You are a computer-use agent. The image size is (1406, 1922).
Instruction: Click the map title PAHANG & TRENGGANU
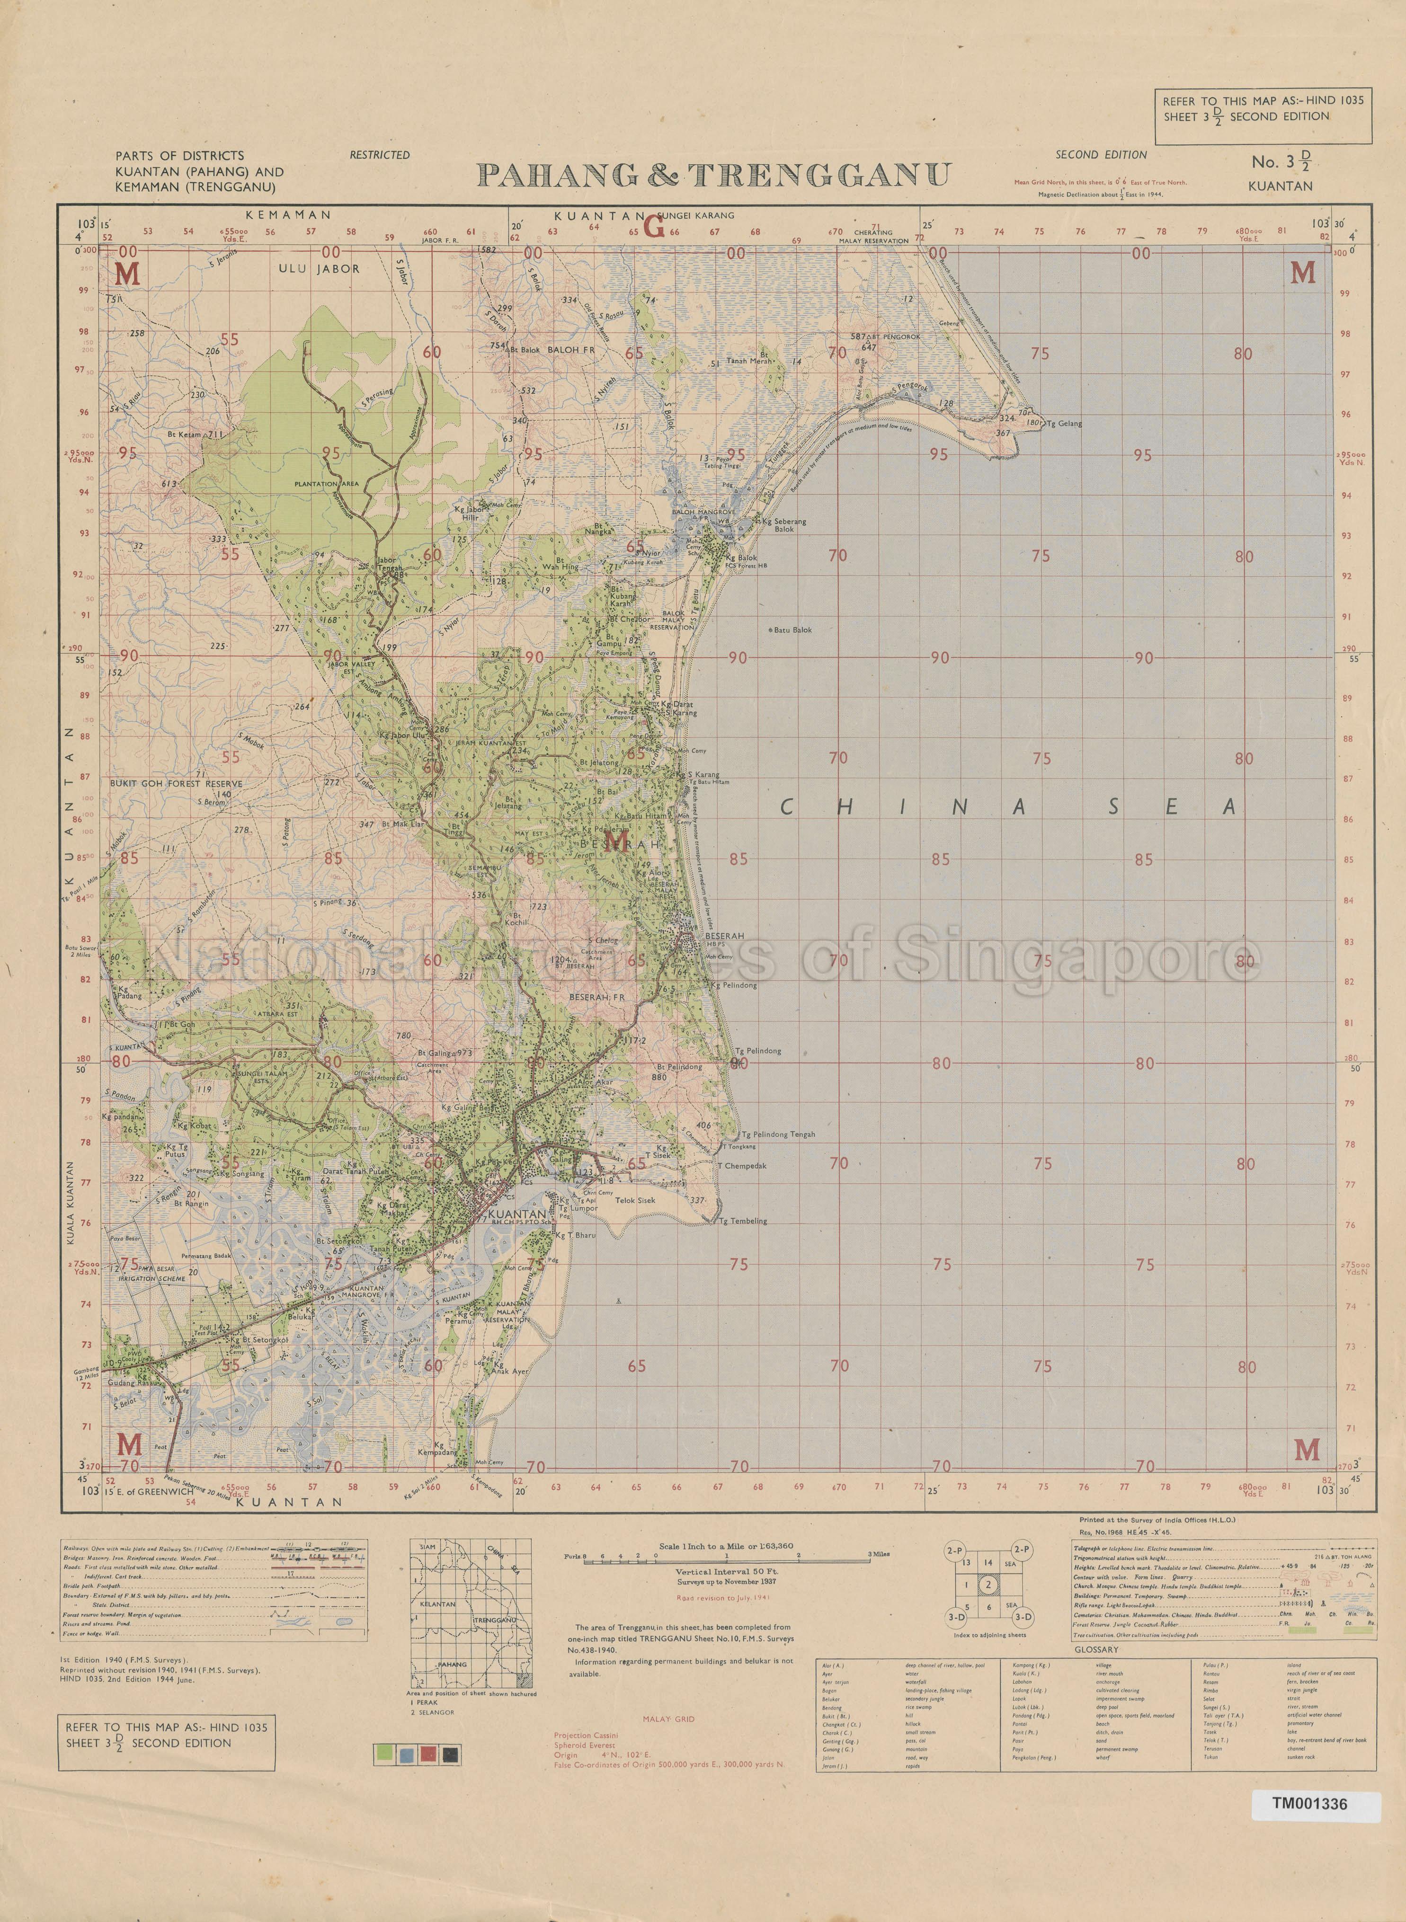[x=713, y=175]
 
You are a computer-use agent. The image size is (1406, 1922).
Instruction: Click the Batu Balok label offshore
[x=793, y=630]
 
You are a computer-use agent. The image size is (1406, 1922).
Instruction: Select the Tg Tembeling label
[x=742, y=1221]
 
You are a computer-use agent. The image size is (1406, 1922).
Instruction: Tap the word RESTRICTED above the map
[x=380, y=155]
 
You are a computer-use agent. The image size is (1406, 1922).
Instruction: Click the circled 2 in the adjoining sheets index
[x=987, y=1585]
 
